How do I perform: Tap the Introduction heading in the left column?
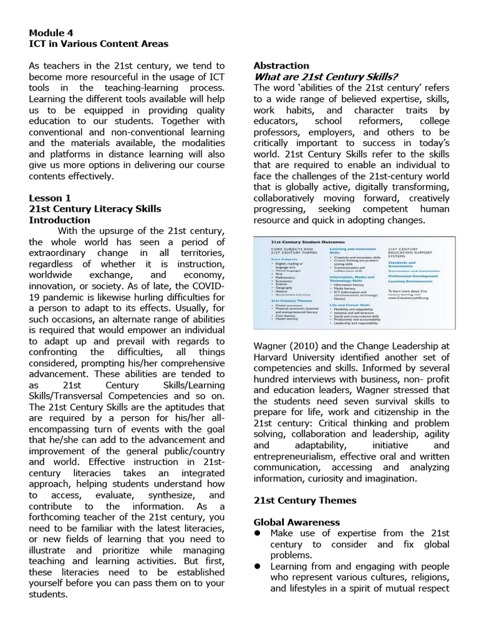(x=60, y=220)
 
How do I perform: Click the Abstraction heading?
(x=281, y=66)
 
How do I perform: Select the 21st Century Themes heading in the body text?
(x=305, y=500)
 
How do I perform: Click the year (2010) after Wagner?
(x=307, y=346)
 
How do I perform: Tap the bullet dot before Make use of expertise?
(x=258, y=533)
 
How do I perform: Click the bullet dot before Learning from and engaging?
(x=258, y=566)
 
